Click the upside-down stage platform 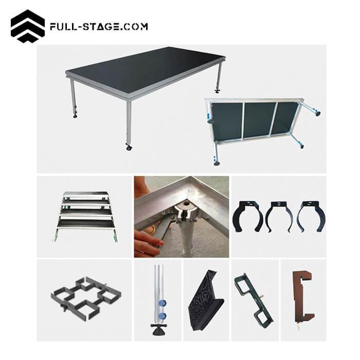tap(257, 121)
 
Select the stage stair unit tap(86, 214)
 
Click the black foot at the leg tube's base tap(157, 328)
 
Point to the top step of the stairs tap(86, 195)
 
